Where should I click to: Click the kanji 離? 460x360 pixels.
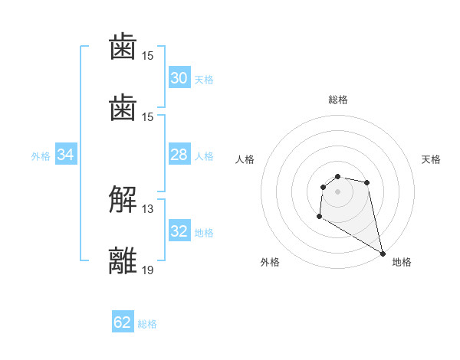coord(123,260)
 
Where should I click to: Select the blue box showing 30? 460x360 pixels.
coord(179,78)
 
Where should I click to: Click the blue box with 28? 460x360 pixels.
coord(179,155)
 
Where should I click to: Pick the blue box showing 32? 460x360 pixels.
coord(179,232)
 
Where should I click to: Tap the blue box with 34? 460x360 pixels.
coord(66,155)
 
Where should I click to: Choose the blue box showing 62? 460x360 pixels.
coord(123,322)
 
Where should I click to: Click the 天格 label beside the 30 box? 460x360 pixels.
coord(204,79)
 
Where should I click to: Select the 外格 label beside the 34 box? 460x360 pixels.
coord(41,156)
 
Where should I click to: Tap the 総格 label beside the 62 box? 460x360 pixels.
coord(147,323)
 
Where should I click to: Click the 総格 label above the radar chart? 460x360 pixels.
coord(337,100)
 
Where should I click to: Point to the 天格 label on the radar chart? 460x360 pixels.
coord(431,159)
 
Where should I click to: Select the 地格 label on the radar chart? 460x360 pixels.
coord(402,262)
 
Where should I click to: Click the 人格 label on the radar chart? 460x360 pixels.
coord(245,159)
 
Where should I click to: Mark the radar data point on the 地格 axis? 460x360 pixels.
coord(383,254)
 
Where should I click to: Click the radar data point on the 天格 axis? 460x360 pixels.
coord(367,182)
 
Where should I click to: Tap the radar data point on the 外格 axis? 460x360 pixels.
coord(319,217)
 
